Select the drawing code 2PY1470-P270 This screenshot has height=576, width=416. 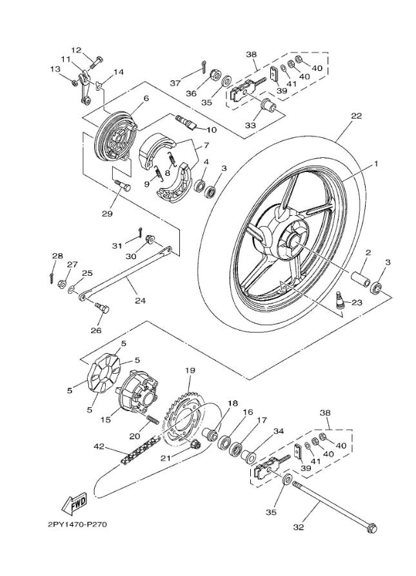click(x=77, y=524)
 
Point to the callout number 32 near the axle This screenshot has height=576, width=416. click(x=298, y=527)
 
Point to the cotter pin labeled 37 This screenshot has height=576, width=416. click(x=203, y=66)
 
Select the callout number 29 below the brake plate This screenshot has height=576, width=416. click(x=107, y=214)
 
